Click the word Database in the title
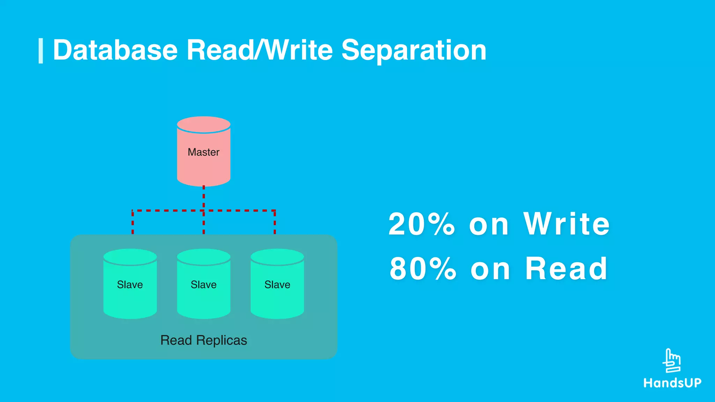pos(115,50)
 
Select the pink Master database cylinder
pos(204,164)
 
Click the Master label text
pos(204,152)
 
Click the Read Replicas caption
pos(204,340)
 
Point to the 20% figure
pos(422,224)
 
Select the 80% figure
pos(423,269)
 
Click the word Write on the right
pos(566,224)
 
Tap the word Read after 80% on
pos(566,269)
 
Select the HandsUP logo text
pos(672,383)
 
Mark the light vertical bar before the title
pos(41,51)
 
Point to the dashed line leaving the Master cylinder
pos(204,197)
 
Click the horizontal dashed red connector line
pos(168,210)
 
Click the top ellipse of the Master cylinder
pos(204,124)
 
